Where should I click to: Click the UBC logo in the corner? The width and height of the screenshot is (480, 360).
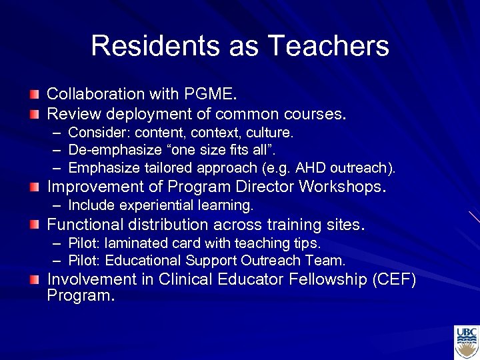466,342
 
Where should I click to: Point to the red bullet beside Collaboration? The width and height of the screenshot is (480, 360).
35,94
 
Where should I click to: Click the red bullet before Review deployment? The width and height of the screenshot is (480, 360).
35,114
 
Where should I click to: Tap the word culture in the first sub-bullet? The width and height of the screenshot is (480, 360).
271,133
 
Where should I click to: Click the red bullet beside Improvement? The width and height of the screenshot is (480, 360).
35,187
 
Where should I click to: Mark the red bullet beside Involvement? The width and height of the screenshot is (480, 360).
35,280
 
